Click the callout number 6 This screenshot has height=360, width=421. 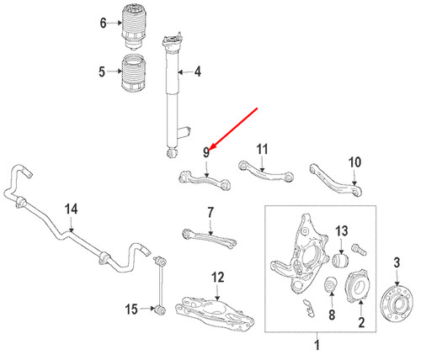click(x=104, y=24)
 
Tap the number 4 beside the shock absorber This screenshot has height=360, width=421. click(x=197, y=72)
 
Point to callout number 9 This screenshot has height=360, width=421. click(x=205, y=151)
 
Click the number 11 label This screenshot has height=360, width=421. click(x=262, y=149)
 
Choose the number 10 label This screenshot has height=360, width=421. click(x=354, y=161)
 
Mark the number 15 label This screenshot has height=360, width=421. click(x=131, y=310)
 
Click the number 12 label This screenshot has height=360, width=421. click(x=217, y=277)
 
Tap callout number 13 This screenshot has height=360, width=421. click(x=341, y=231)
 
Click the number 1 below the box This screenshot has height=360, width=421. click(x=317, y=345)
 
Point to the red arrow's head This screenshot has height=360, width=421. click(x=210, y=146)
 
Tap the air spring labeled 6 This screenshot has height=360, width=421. click(x=133, y=29)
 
